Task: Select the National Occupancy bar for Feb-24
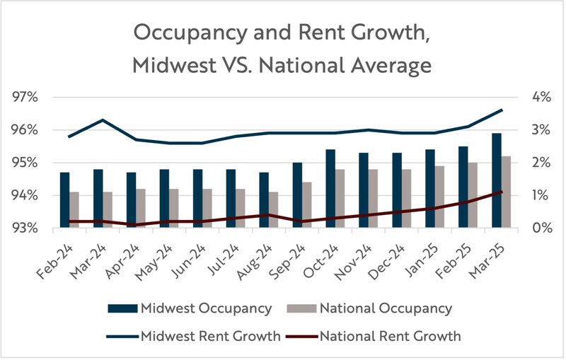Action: [74, 210]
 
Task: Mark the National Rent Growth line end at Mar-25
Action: [502, 192]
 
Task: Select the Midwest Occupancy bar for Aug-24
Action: [264, 200]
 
